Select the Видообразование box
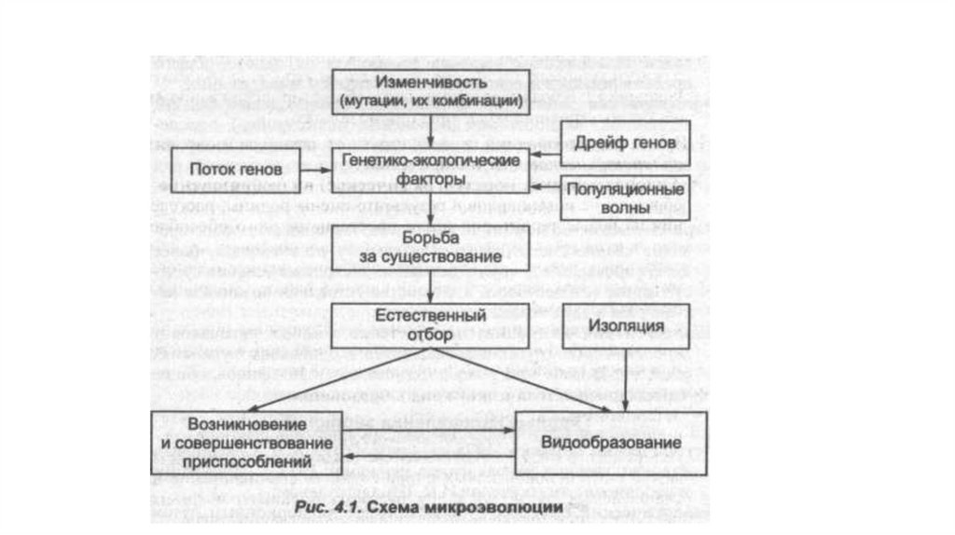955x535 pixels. click(611, 441)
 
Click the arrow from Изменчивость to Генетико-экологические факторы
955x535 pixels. click(430, 130)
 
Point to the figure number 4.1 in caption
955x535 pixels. click(339, 507)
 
